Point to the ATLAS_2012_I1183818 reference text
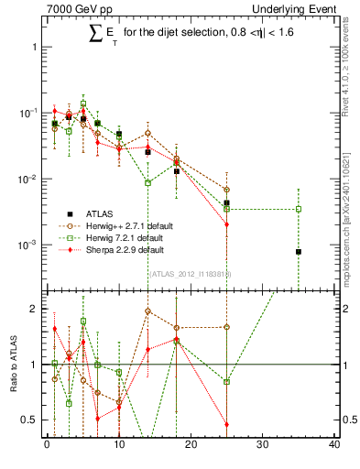(189, 273)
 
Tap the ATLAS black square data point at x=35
(299, 251)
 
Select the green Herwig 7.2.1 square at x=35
(299, 209)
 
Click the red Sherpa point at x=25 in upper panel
(226, 224)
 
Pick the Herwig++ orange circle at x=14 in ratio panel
(147, 311)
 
